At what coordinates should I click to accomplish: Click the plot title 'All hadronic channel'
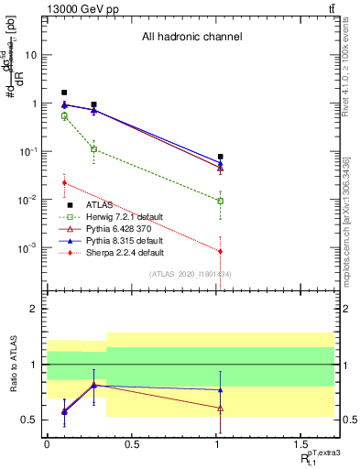click(191, 38)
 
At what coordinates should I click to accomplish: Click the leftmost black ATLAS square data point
click(64, 93)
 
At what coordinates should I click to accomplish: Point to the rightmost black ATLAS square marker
click(221, 157)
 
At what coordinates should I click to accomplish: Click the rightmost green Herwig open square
click(221, 201)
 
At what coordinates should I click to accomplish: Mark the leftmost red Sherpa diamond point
click(64, 182)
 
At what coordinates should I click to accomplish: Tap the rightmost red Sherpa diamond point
click(221, 251)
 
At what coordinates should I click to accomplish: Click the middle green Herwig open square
click(94, 148)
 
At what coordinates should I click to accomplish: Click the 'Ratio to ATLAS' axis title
click(13, 365)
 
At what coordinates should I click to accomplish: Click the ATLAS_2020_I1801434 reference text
click(191, 273)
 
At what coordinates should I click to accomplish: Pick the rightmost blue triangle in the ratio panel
click(221, 390)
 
